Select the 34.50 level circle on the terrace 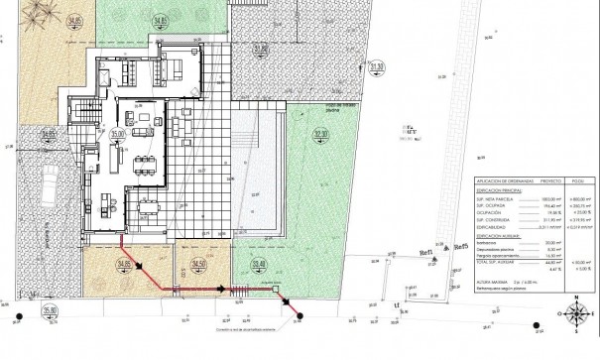pyautogui.click(x=198, y=264)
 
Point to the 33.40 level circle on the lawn pyautogui.click(x=259, y=264)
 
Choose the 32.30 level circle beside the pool pyautogui.click(x=319, y=135)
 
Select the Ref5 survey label pyautogui.click(x=459, y=248)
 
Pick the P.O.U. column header pyautogui.click(x=581, y=181)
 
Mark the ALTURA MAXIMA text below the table pyautogui.click(x=494, y=282)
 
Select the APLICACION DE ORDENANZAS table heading pyautogui.click(x=507, y=181)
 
